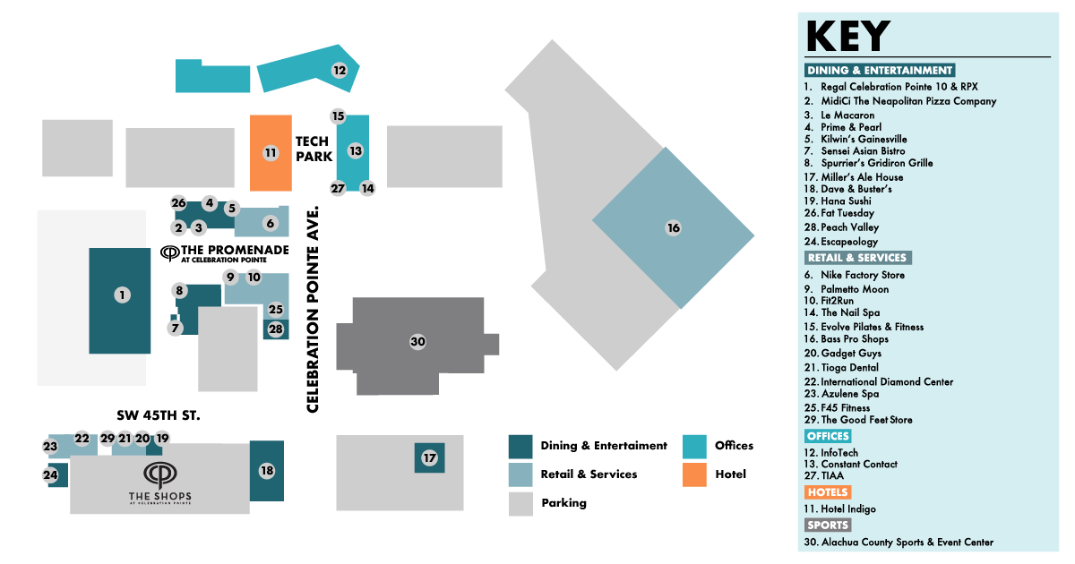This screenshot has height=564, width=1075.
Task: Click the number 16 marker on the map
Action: [673, 228]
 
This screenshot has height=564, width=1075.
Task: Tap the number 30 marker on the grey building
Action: [417, 341]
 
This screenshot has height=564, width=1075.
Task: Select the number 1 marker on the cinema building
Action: [122, 295]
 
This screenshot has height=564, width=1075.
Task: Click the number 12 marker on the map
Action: [340, 70]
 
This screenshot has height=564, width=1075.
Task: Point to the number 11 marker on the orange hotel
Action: [270, 153]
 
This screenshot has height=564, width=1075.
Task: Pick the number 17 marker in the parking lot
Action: [430, 458]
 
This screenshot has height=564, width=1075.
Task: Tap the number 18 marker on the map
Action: [266, 470]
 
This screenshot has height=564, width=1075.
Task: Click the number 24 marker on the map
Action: [50, 474]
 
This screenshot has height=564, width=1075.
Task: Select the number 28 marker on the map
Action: [276, 329]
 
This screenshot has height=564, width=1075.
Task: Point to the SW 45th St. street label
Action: [159, 415]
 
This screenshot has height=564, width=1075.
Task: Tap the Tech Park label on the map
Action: [313, 149]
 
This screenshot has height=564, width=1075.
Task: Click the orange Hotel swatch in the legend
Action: [695, 474]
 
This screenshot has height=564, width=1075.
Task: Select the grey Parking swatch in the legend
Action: [520, 504]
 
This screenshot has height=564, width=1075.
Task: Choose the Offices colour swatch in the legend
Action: [695, 446]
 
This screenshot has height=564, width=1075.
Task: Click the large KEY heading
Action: [847, 37]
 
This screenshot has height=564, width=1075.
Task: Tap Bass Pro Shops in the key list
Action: [855, 339]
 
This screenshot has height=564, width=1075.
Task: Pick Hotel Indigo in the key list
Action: [847, 509]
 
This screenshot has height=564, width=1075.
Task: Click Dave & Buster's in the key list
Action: [856, 190]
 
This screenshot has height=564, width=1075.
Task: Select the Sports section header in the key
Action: [827, 526]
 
